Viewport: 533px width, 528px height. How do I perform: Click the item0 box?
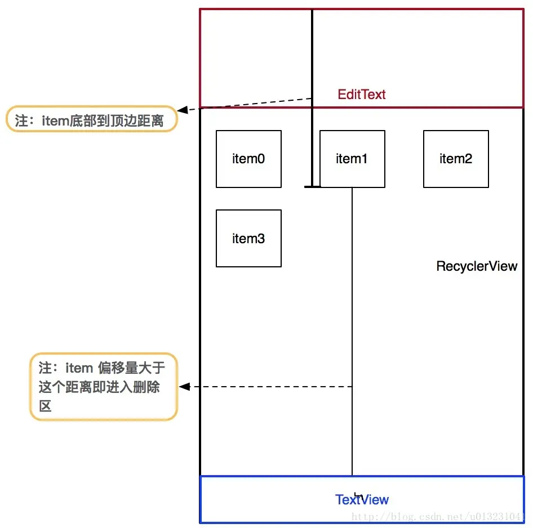coord(248,159)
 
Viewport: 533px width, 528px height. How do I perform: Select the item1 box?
coord(352,159)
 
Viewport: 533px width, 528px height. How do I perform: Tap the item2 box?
coord(456,159)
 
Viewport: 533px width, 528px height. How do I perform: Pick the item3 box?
coord(248,238)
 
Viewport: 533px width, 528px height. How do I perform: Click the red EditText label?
coord(362,94)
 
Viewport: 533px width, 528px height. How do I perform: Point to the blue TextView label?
coord(362,499)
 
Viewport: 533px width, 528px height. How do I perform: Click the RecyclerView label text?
coord(477,266)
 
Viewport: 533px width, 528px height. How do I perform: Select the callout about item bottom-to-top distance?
coord(92,119)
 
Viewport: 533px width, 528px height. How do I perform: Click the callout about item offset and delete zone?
coord(104,386)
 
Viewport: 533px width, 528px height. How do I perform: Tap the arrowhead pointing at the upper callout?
coord(182,110)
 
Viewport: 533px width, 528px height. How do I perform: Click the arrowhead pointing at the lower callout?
coord(184,387)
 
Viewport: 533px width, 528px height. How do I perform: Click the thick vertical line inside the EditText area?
coord(312,56)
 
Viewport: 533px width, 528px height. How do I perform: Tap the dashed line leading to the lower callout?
coord(270,387)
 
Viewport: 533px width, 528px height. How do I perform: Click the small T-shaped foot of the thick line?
coord(312,186)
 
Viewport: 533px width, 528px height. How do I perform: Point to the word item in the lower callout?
coord(79,368)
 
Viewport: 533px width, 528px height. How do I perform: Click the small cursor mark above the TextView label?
coord(356,494)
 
